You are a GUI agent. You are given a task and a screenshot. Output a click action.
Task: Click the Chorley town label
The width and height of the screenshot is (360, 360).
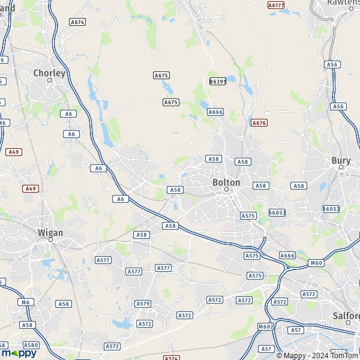(x=49, y=73)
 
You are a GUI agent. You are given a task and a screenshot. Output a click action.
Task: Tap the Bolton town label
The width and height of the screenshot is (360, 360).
(x=226, y=182)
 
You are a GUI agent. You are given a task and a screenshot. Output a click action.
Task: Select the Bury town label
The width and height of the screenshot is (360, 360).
(x=341, y=160)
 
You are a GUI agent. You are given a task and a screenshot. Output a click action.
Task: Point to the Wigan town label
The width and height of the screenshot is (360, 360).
(x=50, y=232)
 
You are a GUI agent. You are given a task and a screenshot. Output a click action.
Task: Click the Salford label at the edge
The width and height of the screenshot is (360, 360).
(x=346, y=316)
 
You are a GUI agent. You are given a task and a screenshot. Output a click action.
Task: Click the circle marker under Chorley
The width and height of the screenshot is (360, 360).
(x=50, y=80)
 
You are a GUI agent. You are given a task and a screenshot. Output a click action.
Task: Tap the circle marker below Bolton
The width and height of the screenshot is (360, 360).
(x=227, y=190)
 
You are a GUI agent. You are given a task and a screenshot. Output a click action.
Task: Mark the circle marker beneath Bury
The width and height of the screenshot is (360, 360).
(x=341, y=167)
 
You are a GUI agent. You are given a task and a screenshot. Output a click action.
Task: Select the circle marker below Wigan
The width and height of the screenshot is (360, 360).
(x=50, y=239)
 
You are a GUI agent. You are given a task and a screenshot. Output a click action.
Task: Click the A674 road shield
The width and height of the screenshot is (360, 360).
(x=77, y=22)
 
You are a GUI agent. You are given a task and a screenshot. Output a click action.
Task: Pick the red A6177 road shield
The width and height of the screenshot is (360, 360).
(x=276, y=5)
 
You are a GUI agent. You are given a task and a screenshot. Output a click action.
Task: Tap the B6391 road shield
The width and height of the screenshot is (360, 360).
(x=217, y=81)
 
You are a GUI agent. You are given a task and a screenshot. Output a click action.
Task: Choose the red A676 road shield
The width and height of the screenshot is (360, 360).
(x=259, y=122)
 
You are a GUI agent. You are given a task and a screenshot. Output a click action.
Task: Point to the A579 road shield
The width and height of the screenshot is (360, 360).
(x=143, y=304)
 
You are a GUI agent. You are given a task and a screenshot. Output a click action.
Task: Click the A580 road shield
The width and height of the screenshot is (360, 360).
(x=31, y=345)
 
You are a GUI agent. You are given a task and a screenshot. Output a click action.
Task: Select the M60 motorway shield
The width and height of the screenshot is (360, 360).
(x=316, y=263)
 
